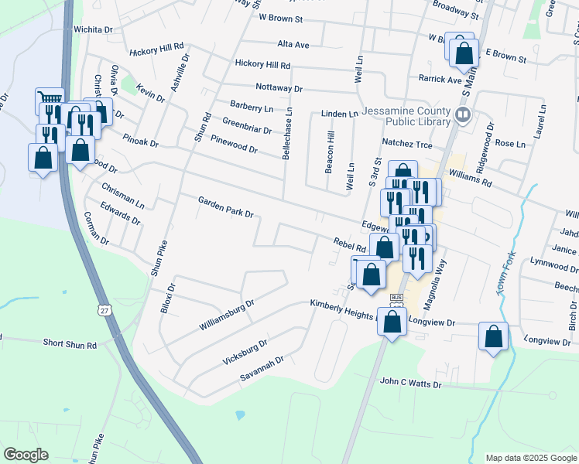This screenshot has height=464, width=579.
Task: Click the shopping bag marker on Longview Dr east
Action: pyautogui.click(x=493, y=336)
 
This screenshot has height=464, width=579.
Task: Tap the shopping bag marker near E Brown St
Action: pyautogui.click(x=464, y=53)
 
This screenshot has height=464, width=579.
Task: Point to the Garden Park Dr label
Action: pyautogui.click(x=225, y=206)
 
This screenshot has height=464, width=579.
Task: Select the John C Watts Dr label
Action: pyautogui.click(x=410, y=384)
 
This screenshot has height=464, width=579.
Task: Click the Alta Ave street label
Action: pyautogui.click(x=293, y=45)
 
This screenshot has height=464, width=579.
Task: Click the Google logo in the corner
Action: pyautogui.click(x=26, y=455)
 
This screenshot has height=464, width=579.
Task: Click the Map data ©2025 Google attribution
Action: pyautogui.click(x=531, y=458)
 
